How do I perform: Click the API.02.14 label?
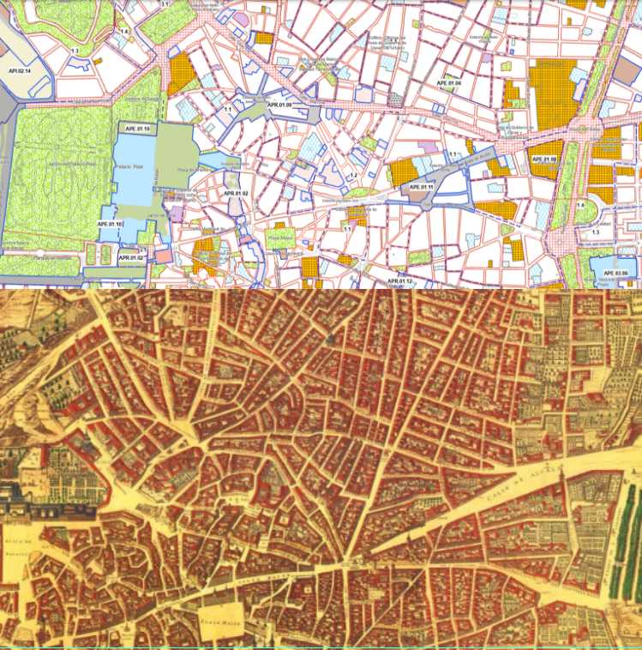19,69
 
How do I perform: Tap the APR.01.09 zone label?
279,105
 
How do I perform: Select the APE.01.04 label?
447,83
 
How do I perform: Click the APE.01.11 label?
422,186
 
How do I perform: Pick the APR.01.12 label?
400,281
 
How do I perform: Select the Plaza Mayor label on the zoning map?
281,238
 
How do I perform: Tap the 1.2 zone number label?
351,176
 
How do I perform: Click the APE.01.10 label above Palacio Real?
135,129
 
